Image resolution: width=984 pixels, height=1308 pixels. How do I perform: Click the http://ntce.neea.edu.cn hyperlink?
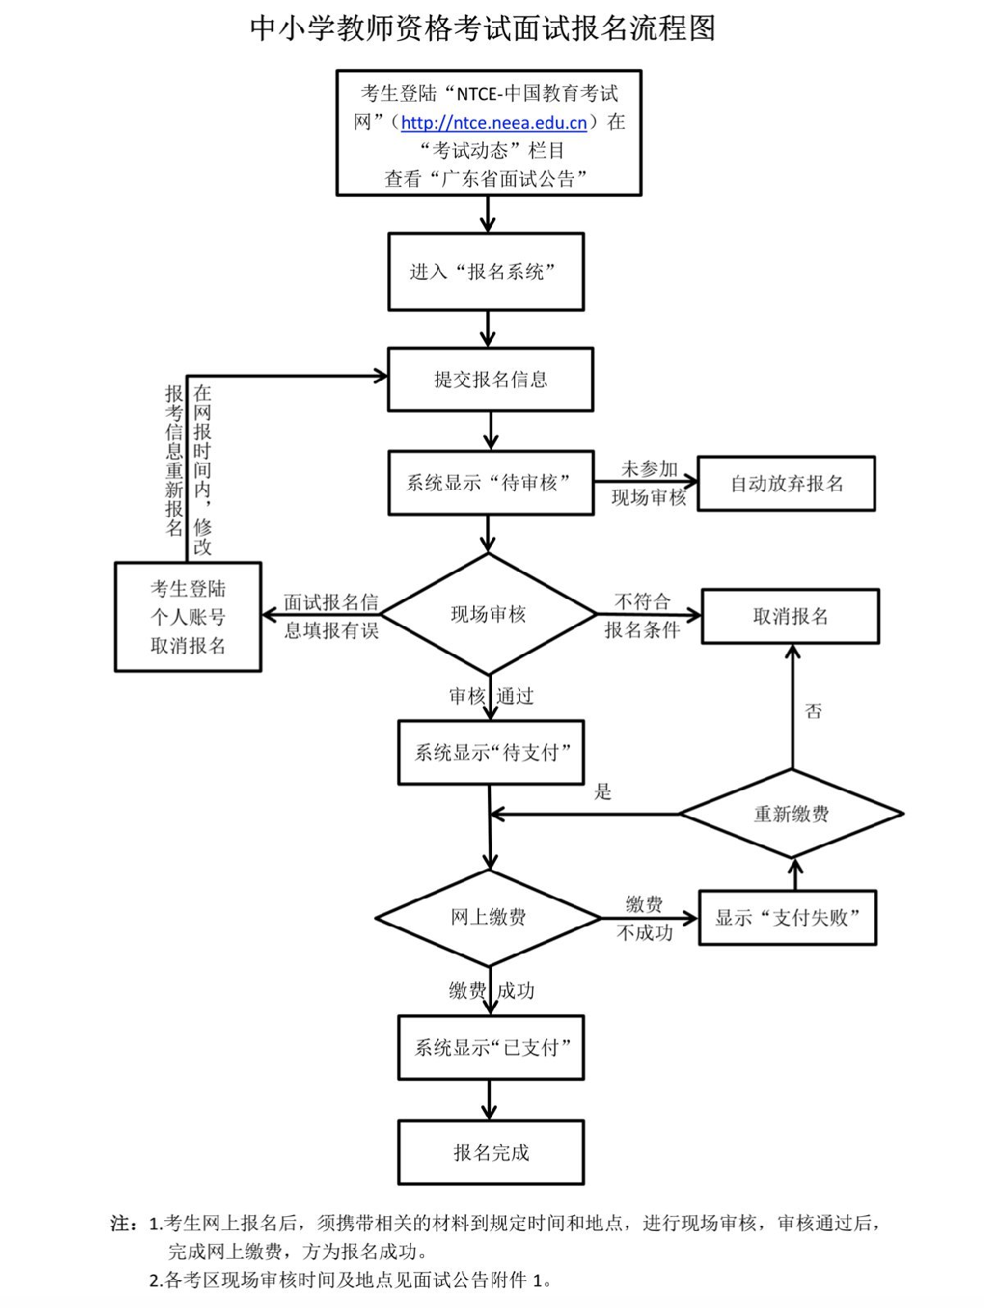point(494,123)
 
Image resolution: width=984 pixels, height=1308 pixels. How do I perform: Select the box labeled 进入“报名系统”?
point(485,272)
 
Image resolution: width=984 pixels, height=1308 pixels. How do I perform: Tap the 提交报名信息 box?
point(490,379)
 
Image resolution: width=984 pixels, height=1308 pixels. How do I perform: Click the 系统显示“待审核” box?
point(490,482)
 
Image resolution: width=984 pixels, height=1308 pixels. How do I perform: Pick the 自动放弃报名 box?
point(786,483)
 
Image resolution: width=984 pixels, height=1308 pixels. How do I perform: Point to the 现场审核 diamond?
point(489,614)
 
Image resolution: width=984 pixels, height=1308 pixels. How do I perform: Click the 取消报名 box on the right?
point(790,616)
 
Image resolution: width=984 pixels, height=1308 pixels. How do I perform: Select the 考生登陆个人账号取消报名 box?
point(188,617)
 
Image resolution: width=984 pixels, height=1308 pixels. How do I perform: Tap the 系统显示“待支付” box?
point(490,752)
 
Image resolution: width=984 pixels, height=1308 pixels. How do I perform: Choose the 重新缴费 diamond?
point(791,814)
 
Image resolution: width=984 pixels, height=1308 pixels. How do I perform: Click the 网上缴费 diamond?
point(489,917)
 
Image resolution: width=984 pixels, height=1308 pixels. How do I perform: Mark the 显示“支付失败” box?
point(787,917)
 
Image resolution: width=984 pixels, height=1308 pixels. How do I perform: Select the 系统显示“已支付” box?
point(490,1047)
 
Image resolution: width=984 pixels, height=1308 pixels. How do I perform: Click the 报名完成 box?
point(490,1152)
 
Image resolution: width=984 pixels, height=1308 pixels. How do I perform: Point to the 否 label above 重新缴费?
point(813,711)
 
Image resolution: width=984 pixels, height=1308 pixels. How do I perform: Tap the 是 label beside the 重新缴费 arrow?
point(603,792)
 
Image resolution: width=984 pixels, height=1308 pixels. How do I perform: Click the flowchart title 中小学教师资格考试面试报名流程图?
point(483,29)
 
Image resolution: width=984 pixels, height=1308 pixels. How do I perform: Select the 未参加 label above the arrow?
point(649,469)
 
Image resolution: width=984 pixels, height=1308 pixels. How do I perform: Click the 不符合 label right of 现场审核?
point(643,601)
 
